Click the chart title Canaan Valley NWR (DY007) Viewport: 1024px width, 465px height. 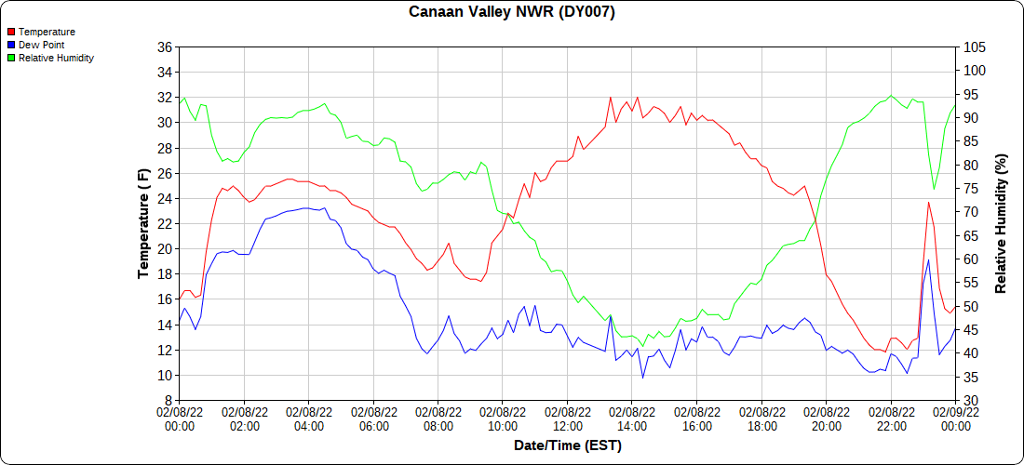coord(512,12)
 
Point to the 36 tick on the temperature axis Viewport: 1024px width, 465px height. coord(165,46)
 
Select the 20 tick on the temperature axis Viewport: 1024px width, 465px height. coord(165,249)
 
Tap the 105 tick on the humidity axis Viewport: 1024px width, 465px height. coord(974,46)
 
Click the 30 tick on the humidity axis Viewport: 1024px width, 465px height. coord(970,401)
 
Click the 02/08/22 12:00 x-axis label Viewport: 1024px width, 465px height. coord(568,418)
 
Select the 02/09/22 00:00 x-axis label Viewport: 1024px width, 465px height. coord(955,418)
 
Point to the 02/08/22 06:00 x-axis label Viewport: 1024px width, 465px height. coord(373,418)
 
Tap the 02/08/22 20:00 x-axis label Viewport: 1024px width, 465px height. coord(826,418)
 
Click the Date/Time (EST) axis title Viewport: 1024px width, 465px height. coord(568,445)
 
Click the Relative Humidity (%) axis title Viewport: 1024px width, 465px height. coord(1002,223)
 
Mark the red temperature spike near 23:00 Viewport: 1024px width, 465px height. coord(928,203)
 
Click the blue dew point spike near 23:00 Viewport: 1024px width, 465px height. coord(928,260)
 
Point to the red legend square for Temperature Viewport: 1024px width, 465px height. coord(11,32)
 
